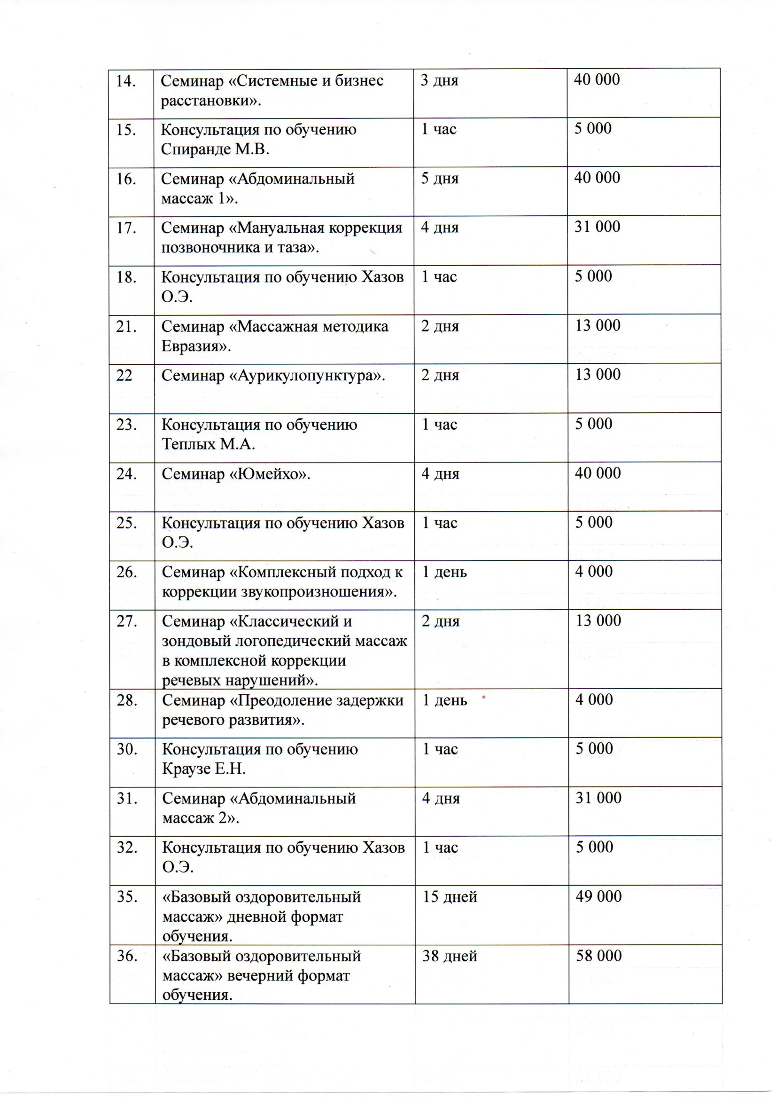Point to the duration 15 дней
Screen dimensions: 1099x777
(x=450, y=897)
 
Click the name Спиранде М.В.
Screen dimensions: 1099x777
(x=215, y=150)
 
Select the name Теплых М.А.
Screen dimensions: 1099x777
(x=208, y=445)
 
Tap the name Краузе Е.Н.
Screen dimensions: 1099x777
(x=204, y=769)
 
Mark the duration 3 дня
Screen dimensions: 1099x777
(x=439, y=80)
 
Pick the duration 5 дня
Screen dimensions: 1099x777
(x=439, y=179)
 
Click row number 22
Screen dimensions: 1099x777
(x=124, y=376)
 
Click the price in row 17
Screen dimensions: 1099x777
(x=598, y=228)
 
